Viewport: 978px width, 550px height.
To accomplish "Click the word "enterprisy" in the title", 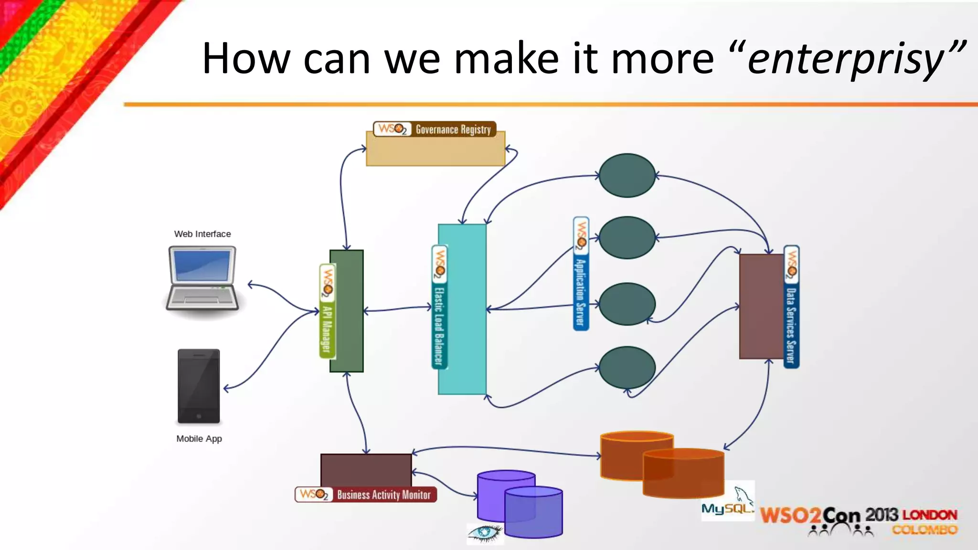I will (845, 60).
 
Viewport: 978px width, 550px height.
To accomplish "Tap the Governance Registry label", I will (435, 129).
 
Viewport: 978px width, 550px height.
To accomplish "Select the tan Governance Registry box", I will (435, 150).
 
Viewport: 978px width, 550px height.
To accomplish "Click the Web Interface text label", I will (202, 234).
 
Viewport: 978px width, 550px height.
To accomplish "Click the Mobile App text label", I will (199, 439).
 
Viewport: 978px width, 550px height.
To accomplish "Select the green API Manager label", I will (327, 311).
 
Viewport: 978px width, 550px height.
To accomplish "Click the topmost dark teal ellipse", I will (627, 175).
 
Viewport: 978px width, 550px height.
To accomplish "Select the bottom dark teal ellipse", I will (627, 367).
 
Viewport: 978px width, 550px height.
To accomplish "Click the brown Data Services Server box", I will (762, 306).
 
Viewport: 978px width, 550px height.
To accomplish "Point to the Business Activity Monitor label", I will (366, 495).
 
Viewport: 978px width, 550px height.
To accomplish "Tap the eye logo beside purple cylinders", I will (485, 533).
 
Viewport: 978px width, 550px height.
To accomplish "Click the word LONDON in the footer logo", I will (929, 515).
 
